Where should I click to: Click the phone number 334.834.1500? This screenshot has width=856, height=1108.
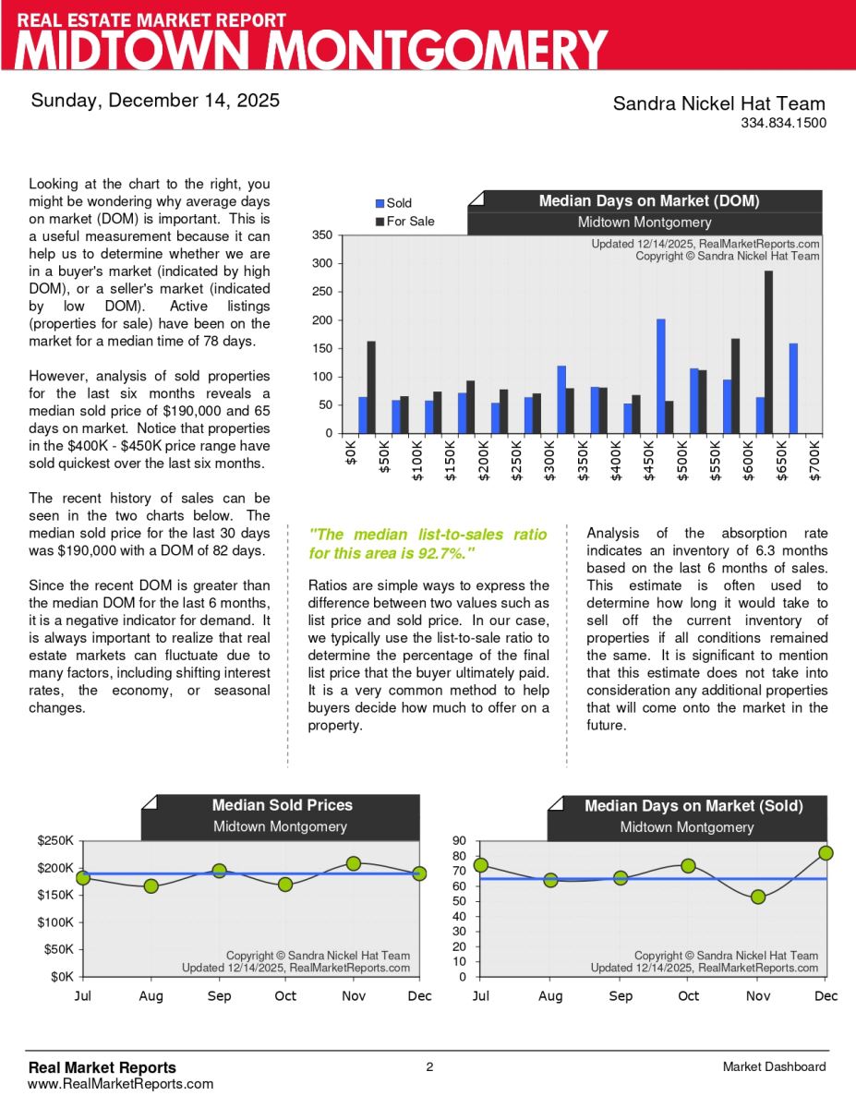pos(783,123)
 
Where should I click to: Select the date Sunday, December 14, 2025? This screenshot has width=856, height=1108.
pos(155,101)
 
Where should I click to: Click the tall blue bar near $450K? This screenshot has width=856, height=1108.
pos(661,376)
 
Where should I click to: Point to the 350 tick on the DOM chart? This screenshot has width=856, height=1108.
pos(321,235)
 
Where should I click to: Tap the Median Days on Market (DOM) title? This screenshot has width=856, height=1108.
pos(649,201)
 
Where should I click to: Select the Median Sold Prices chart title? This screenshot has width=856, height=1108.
pos(282,805)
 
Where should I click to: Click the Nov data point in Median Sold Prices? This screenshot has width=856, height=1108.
pos(354,863)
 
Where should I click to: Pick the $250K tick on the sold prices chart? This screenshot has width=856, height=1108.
pos(56,841)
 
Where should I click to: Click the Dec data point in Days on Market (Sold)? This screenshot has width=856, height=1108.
pos(826,853)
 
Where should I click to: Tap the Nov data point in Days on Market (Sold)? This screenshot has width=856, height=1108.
pos(758,897)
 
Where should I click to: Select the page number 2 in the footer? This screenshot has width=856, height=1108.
pos(429,1067)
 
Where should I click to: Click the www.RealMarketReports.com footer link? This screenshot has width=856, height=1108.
pos(121,1084)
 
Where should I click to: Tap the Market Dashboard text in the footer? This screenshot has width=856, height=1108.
pos(775,1067)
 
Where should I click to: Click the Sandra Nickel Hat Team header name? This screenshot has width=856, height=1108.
pos(719,103)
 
